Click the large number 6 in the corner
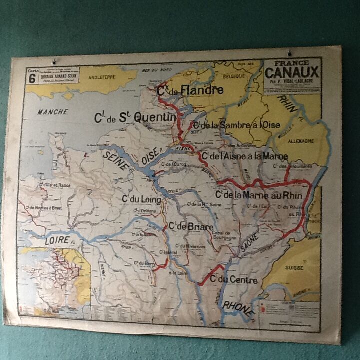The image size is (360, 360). [x=32, y=78]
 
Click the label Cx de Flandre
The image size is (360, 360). [x=190, y=91]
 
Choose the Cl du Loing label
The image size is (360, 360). [x=142, y=200]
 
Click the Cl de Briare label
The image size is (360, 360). [x=191, y=226]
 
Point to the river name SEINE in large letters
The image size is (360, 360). [x=115, y=161]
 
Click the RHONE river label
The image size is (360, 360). [x=239, y=310]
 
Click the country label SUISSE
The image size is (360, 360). [x=294, y=267]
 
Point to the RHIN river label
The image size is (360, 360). [x=288, y=102]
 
